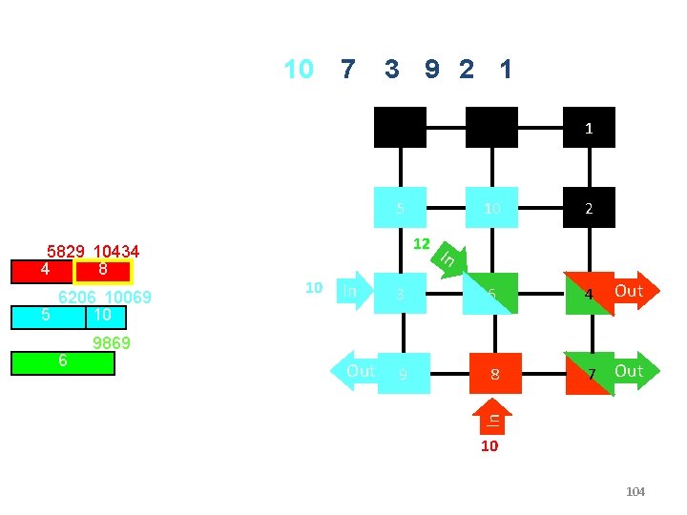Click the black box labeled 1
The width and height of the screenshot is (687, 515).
click(589, 127)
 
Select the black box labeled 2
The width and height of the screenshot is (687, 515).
click(589, 207)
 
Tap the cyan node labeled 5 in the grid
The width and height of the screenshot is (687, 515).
click(401, 207)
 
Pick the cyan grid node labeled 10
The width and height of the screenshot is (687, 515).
click(491, 207)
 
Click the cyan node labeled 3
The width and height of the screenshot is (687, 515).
click(401, 294)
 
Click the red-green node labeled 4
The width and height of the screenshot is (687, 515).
click(589, 293)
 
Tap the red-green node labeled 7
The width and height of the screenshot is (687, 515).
click(589, 373)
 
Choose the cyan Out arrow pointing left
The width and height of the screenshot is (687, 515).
click(353, 371)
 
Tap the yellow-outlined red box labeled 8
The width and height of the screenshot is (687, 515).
click(103, 271)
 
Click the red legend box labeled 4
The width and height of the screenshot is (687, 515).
click(44, 271)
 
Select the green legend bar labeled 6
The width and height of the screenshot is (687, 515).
click(63, 363)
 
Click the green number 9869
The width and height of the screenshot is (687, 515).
click(112, 343)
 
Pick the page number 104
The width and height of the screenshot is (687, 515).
click(635, 492)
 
